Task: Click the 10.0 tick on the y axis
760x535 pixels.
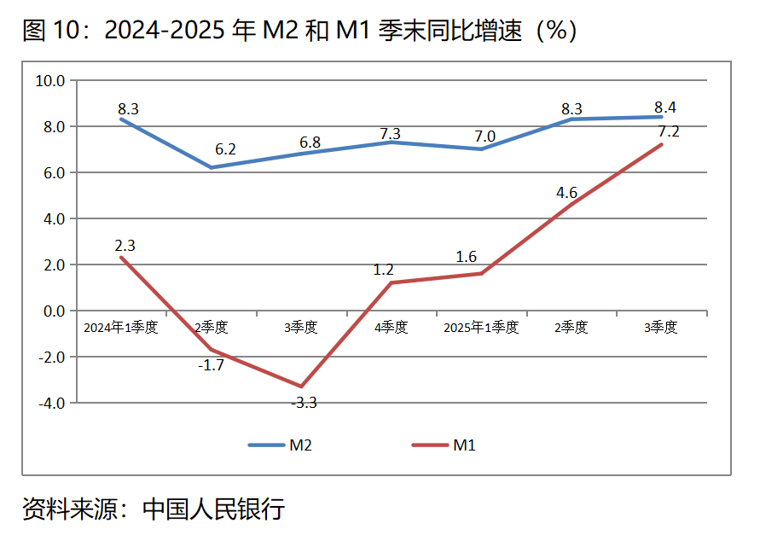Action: point(49,81)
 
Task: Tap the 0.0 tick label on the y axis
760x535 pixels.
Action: point(53,311)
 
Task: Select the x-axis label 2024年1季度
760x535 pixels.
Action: point(121,328)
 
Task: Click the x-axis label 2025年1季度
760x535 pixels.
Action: point(481,328)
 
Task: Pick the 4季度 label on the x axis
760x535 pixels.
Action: point(391,328)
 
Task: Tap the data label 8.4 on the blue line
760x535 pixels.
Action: point(664,108)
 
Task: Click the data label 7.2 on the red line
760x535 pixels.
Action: point(666,131)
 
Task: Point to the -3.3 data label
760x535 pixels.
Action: point(304,403)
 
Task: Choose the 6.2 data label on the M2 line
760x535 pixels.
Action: point(225,149)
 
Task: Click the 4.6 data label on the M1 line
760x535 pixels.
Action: point(566,192)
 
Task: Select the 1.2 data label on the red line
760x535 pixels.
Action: point(383,270)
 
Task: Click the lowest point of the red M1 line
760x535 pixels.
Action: point(301,386)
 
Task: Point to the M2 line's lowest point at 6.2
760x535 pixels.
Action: point(212,167)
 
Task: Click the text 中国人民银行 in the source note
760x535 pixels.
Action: point(213,510)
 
